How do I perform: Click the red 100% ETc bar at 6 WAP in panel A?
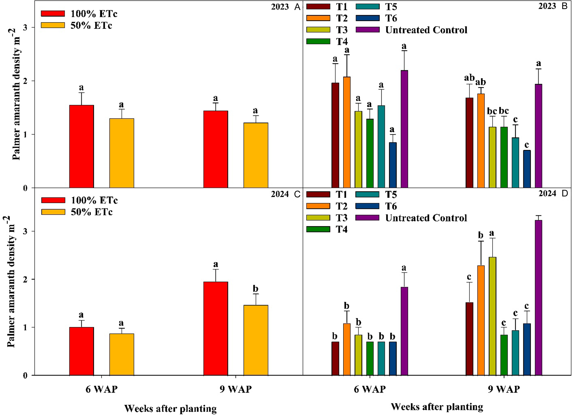tap(82, 147)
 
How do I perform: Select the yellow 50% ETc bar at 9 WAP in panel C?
tap(256, 340)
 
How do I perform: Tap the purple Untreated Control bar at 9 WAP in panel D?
tap(538, 298)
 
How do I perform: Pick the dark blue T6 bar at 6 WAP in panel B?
tap(393, 165)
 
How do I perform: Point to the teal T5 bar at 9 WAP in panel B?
tap(515, 163)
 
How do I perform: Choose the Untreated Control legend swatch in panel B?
tap(368, 30)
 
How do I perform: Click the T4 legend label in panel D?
tap(342, 229)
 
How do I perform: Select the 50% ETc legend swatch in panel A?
tap(53, 25)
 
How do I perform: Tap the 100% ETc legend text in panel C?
tap(94, 200)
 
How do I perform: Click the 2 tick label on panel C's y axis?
tap(25, 279)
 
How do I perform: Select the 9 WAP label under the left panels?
tap(236, 389)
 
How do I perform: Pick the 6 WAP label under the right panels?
tap(370, 389)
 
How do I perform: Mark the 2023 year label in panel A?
tap(280, 7)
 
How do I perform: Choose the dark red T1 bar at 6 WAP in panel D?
tap(335, 358)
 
